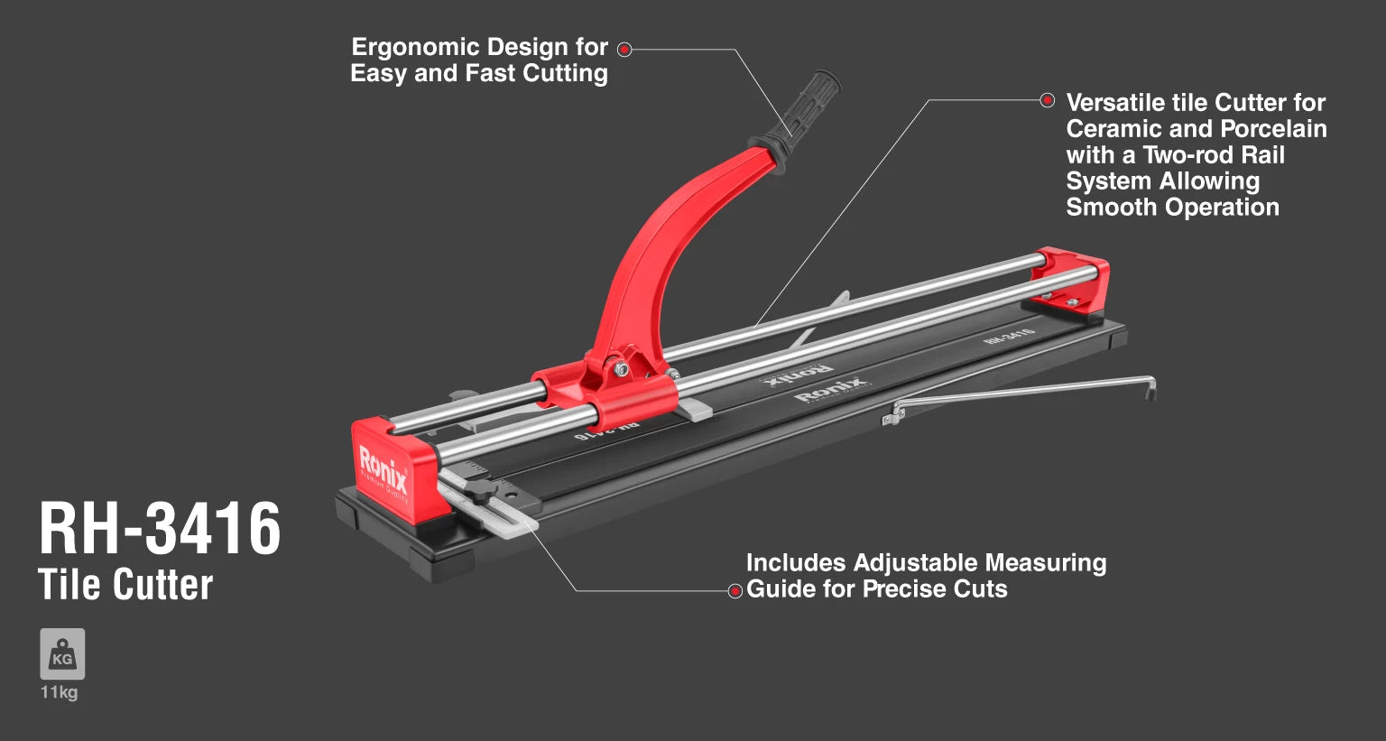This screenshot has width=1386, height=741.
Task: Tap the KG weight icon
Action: (62, 653)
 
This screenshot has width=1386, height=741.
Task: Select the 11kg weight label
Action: (60, 692)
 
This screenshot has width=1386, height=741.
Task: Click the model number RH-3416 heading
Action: (160, 528)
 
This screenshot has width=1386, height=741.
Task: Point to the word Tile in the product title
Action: (69, 584)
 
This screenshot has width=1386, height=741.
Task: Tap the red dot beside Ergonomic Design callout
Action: (625, 49)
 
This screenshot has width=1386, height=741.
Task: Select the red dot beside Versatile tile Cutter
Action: (1047, 99)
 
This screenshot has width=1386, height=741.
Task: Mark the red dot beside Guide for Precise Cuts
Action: (735, 590)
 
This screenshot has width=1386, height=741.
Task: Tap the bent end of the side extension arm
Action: (1150, 388)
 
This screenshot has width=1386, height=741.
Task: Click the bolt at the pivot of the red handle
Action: (621, 369)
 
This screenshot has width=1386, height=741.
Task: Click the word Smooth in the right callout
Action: (1104, 208)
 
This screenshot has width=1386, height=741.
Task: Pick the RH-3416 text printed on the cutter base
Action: (1008, 336)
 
